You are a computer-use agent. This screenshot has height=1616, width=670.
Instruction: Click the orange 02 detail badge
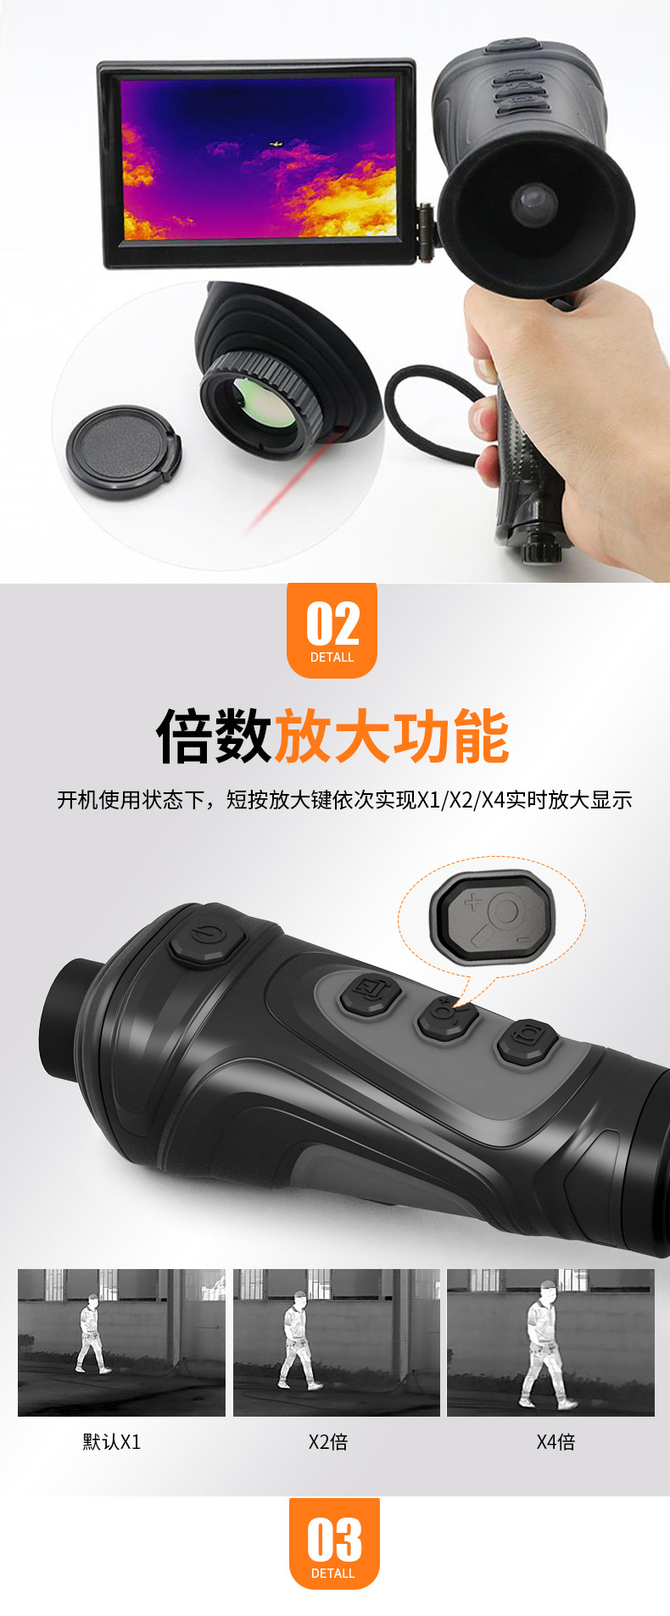coord(332,629)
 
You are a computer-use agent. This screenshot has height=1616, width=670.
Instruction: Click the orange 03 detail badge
coord(334,1543)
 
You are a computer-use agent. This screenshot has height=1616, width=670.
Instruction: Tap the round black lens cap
coord(123,452)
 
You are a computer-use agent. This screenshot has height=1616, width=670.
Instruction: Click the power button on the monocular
coord(206,939)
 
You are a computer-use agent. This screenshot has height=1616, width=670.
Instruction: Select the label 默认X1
coord(112,1442)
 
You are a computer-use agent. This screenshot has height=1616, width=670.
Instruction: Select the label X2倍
coord(328,1442)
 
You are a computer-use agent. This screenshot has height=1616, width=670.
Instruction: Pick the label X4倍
coord(556,1442)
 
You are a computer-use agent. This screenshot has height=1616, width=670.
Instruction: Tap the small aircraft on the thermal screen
coord(275,145)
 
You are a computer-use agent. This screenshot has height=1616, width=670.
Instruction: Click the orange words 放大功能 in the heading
coord(391,735)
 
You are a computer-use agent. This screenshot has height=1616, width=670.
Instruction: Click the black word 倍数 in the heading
coord(214,735)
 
